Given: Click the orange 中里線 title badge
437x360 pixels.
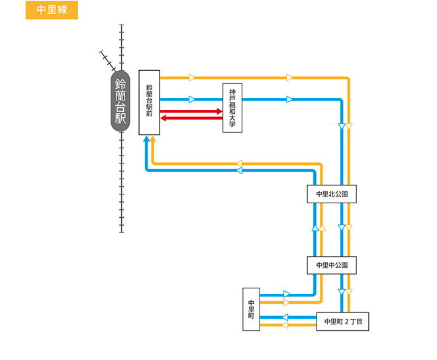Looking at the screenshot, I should coord(52,10).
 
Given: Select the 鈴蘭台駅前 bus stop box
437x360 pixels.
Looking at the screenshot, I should coord(150,103).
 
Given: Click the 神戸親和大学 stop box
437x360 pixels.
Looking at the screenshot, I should coord(232,109).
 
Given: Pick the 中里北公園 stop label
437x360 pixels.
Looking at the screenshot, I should coord(332,195).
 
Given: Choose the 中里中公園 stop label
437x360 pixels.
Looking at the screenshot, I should coord(332,265).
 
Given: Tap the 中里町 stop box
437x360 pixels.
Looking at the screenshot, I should coord(251,309).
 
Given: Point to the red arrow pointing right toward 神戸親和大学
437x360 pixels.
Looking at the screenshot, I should coord(192,112).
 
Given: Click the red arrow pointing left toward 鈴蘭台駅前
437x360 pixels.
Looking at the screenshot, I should coord(192,118).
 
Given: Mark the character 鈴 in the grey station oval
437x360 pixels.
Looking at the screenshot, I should coord(121,85).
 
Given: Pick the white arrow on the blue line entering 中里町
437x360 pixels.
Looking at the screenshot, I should coord(286,294).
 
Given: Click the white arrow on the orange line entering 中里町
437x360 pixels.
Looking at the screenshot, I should coord(286,302).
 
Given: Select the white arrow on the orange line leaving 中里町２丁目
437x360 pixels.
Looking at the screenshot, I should coord(285,325).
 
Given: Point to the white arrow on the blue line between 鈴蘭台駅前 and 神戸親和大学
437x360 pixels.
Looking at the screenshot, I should coord(192,100).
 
